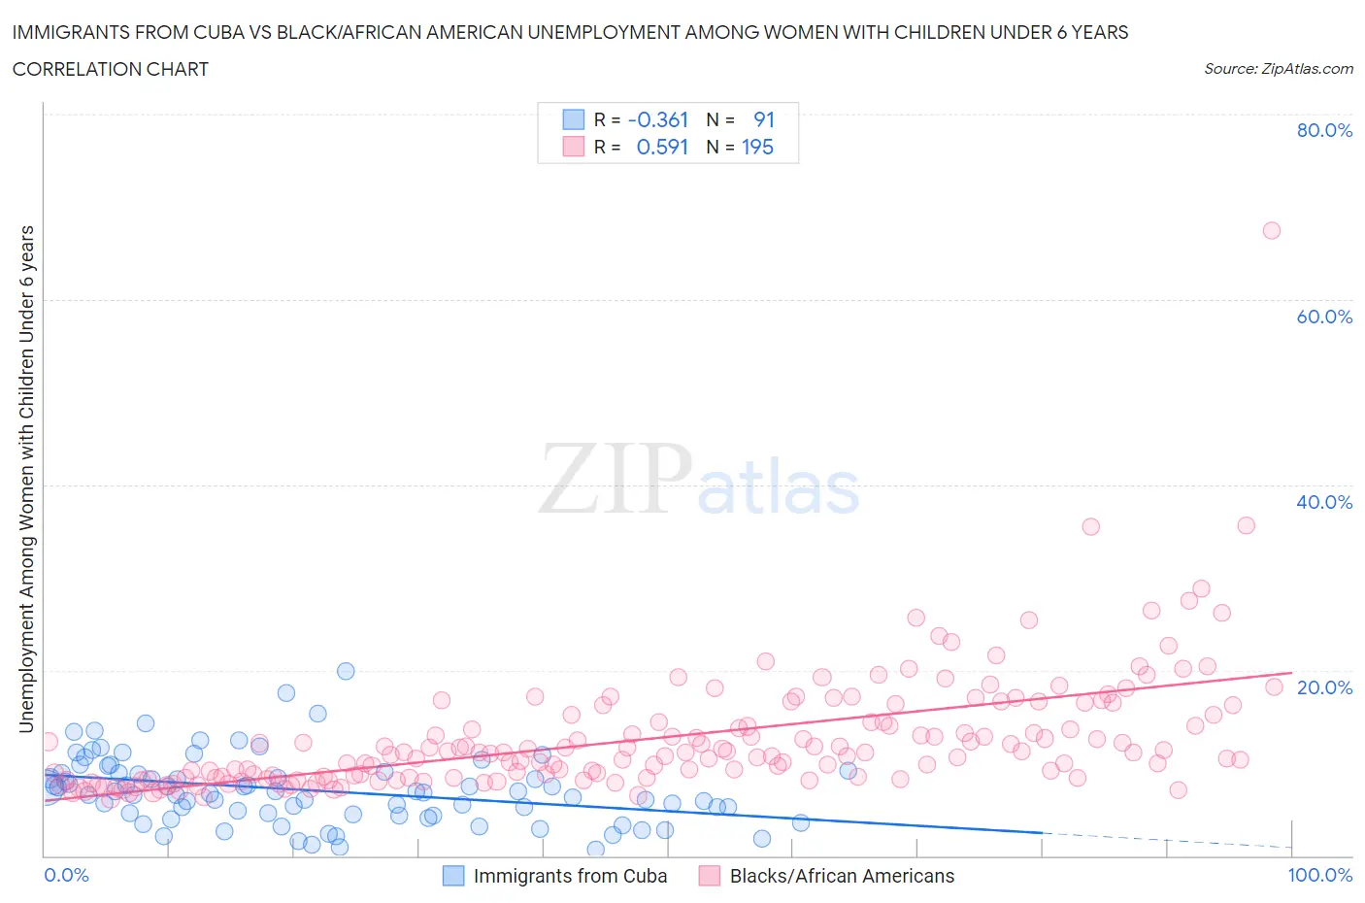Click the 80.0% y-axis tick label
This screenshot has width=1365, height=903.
(1324, 130)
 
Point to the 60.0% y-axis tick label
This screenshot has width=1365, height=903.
(1324, 317)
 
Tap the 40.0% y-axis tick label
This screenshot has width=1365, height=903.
(1324, 502)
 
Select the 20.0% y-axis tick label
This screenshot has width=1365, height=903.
(1324, 687)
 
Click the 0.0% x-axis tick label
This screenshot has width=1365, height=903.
(66, 875)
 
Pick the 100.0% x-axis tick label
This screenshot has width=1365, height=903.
(1319, 875)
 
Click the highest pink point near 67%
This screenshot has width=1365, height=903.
(1271, 230)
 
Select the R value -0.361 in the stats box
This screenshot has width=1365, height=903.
(657, 119)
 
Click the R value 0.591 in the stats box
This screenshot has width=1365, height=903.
(661, 147)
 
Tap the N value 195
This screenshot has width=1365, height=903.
(756, 147)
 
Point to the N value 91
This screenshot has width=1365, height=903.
(763, 119)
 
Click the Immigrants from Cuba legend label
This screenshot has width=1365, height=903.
(570, 876)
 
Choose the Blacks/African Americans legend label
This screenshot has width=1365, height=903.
(842, 876)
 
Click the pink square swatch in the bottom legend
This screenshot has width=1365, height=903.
(710, 876)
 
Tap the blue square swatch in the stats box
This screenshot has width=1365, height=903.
(574, 119)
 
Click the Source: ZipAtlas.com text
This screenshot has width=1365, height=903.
(1278, 68)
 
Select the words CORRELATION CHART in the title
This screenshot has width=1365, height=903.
(110, 69)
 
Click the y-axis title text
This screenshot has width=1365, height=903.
(26, 479)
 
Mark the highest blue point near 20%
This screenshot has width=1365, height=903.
(346, 671)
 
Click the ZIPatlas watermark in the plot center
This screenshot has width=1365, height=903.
(699, 479)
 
